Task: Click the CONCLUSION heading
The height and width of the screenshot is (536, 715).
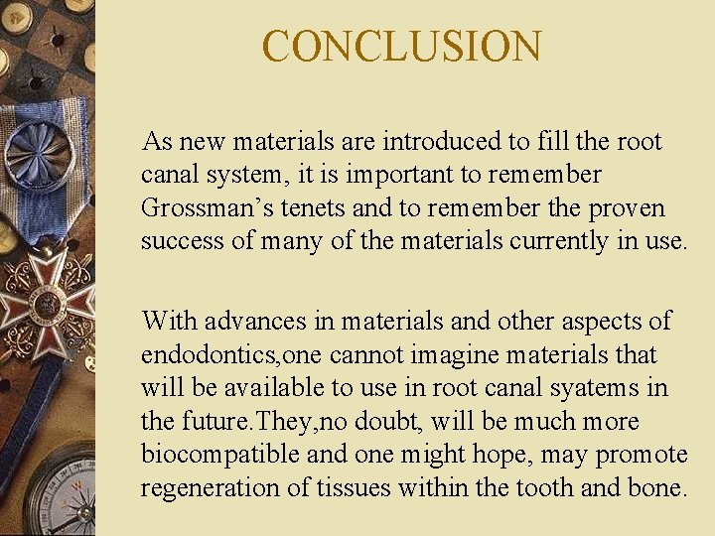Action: pyautogui.click(x=402, y=46)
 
